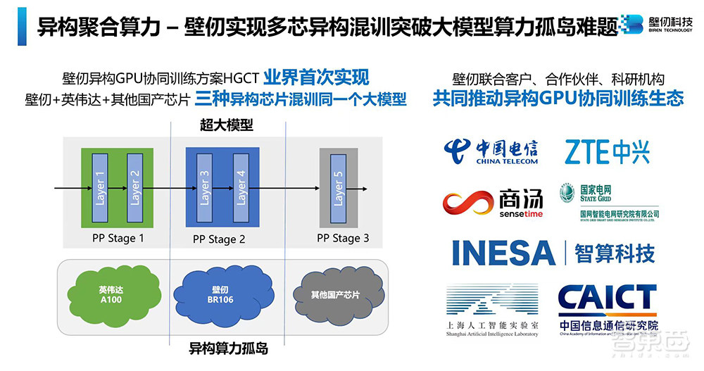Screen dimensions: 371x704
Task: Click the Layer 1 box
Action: point(99,187)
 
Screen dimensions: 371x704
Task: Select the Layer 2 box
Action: point(134,187)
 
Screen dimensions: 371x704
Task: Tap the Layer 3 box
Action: point(204,187)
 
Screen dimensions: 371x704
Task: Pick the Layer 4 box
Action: point(240,187)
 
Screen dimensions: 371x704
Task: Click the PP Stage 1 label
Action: point(118,238)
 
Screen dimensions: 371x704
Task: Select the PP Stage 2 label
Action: point(219,239)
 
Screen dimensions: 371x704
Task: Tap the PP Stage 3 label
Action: point(343,238)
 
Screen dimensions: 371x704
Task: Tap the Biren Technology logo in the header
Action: point(659,26)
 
